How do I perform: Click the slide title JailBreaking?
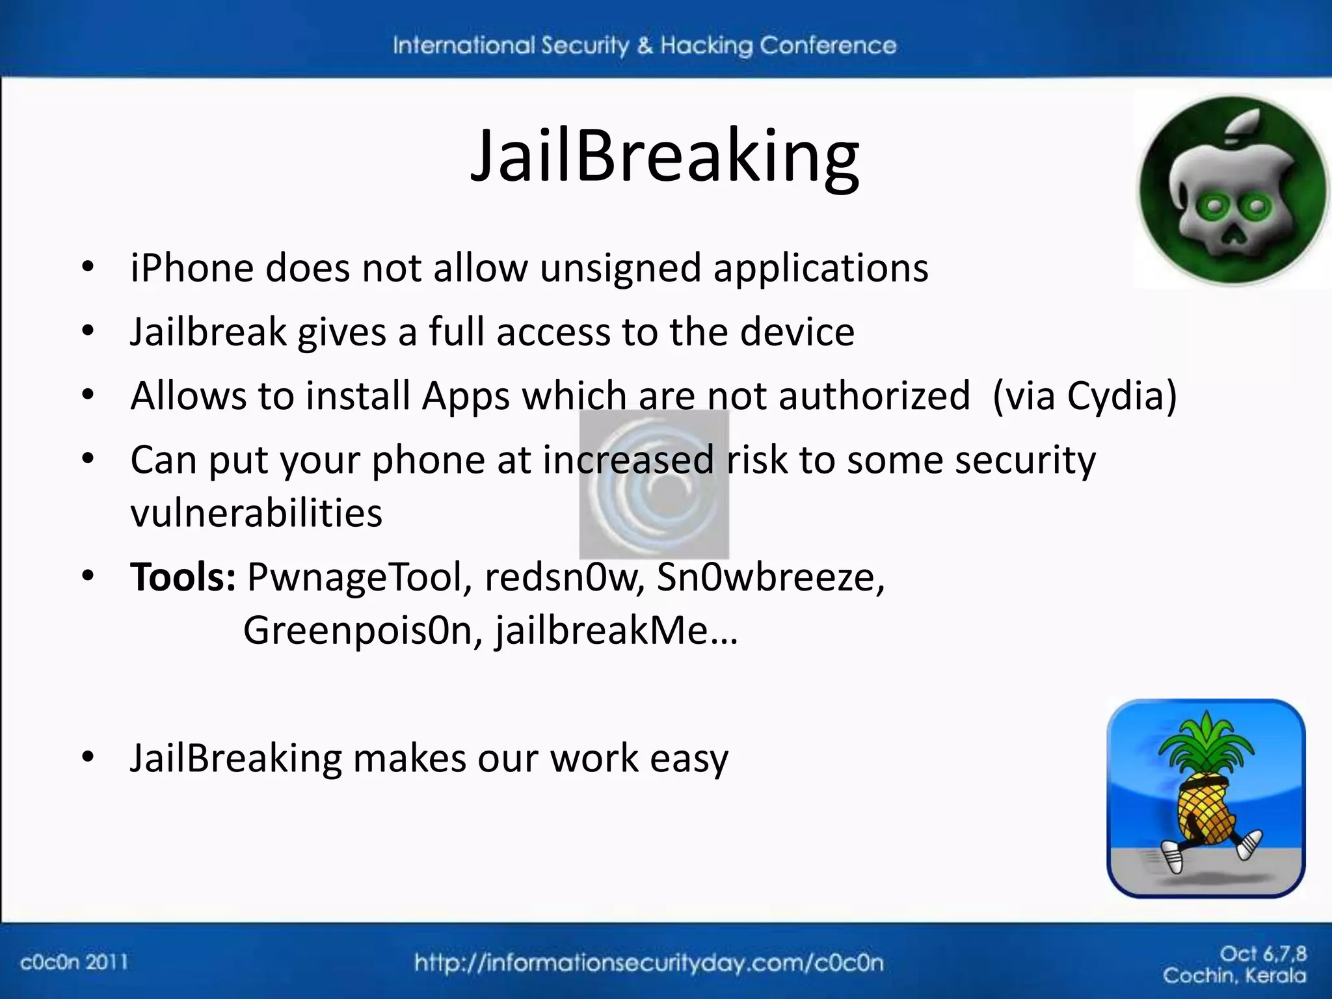pos(665,157)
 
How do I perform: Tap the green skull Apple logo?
pos(1233,191)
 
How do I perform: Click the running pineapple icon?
pos(1206,798)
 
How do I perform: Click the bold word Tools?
pos(182,577)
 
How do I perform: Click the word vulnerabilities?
pos(256,513)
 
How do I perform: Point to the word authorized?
pos(873,395)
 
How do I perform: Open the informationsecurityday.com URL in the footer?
pos(648,963)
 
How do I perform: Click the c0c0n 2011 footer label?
pos(74,962)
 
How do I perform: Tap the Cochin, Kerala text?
pos(1234,976)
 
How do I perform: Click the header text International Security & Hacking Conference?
pos(644,46)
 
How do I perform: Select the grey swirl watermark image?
pos(654,485)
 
